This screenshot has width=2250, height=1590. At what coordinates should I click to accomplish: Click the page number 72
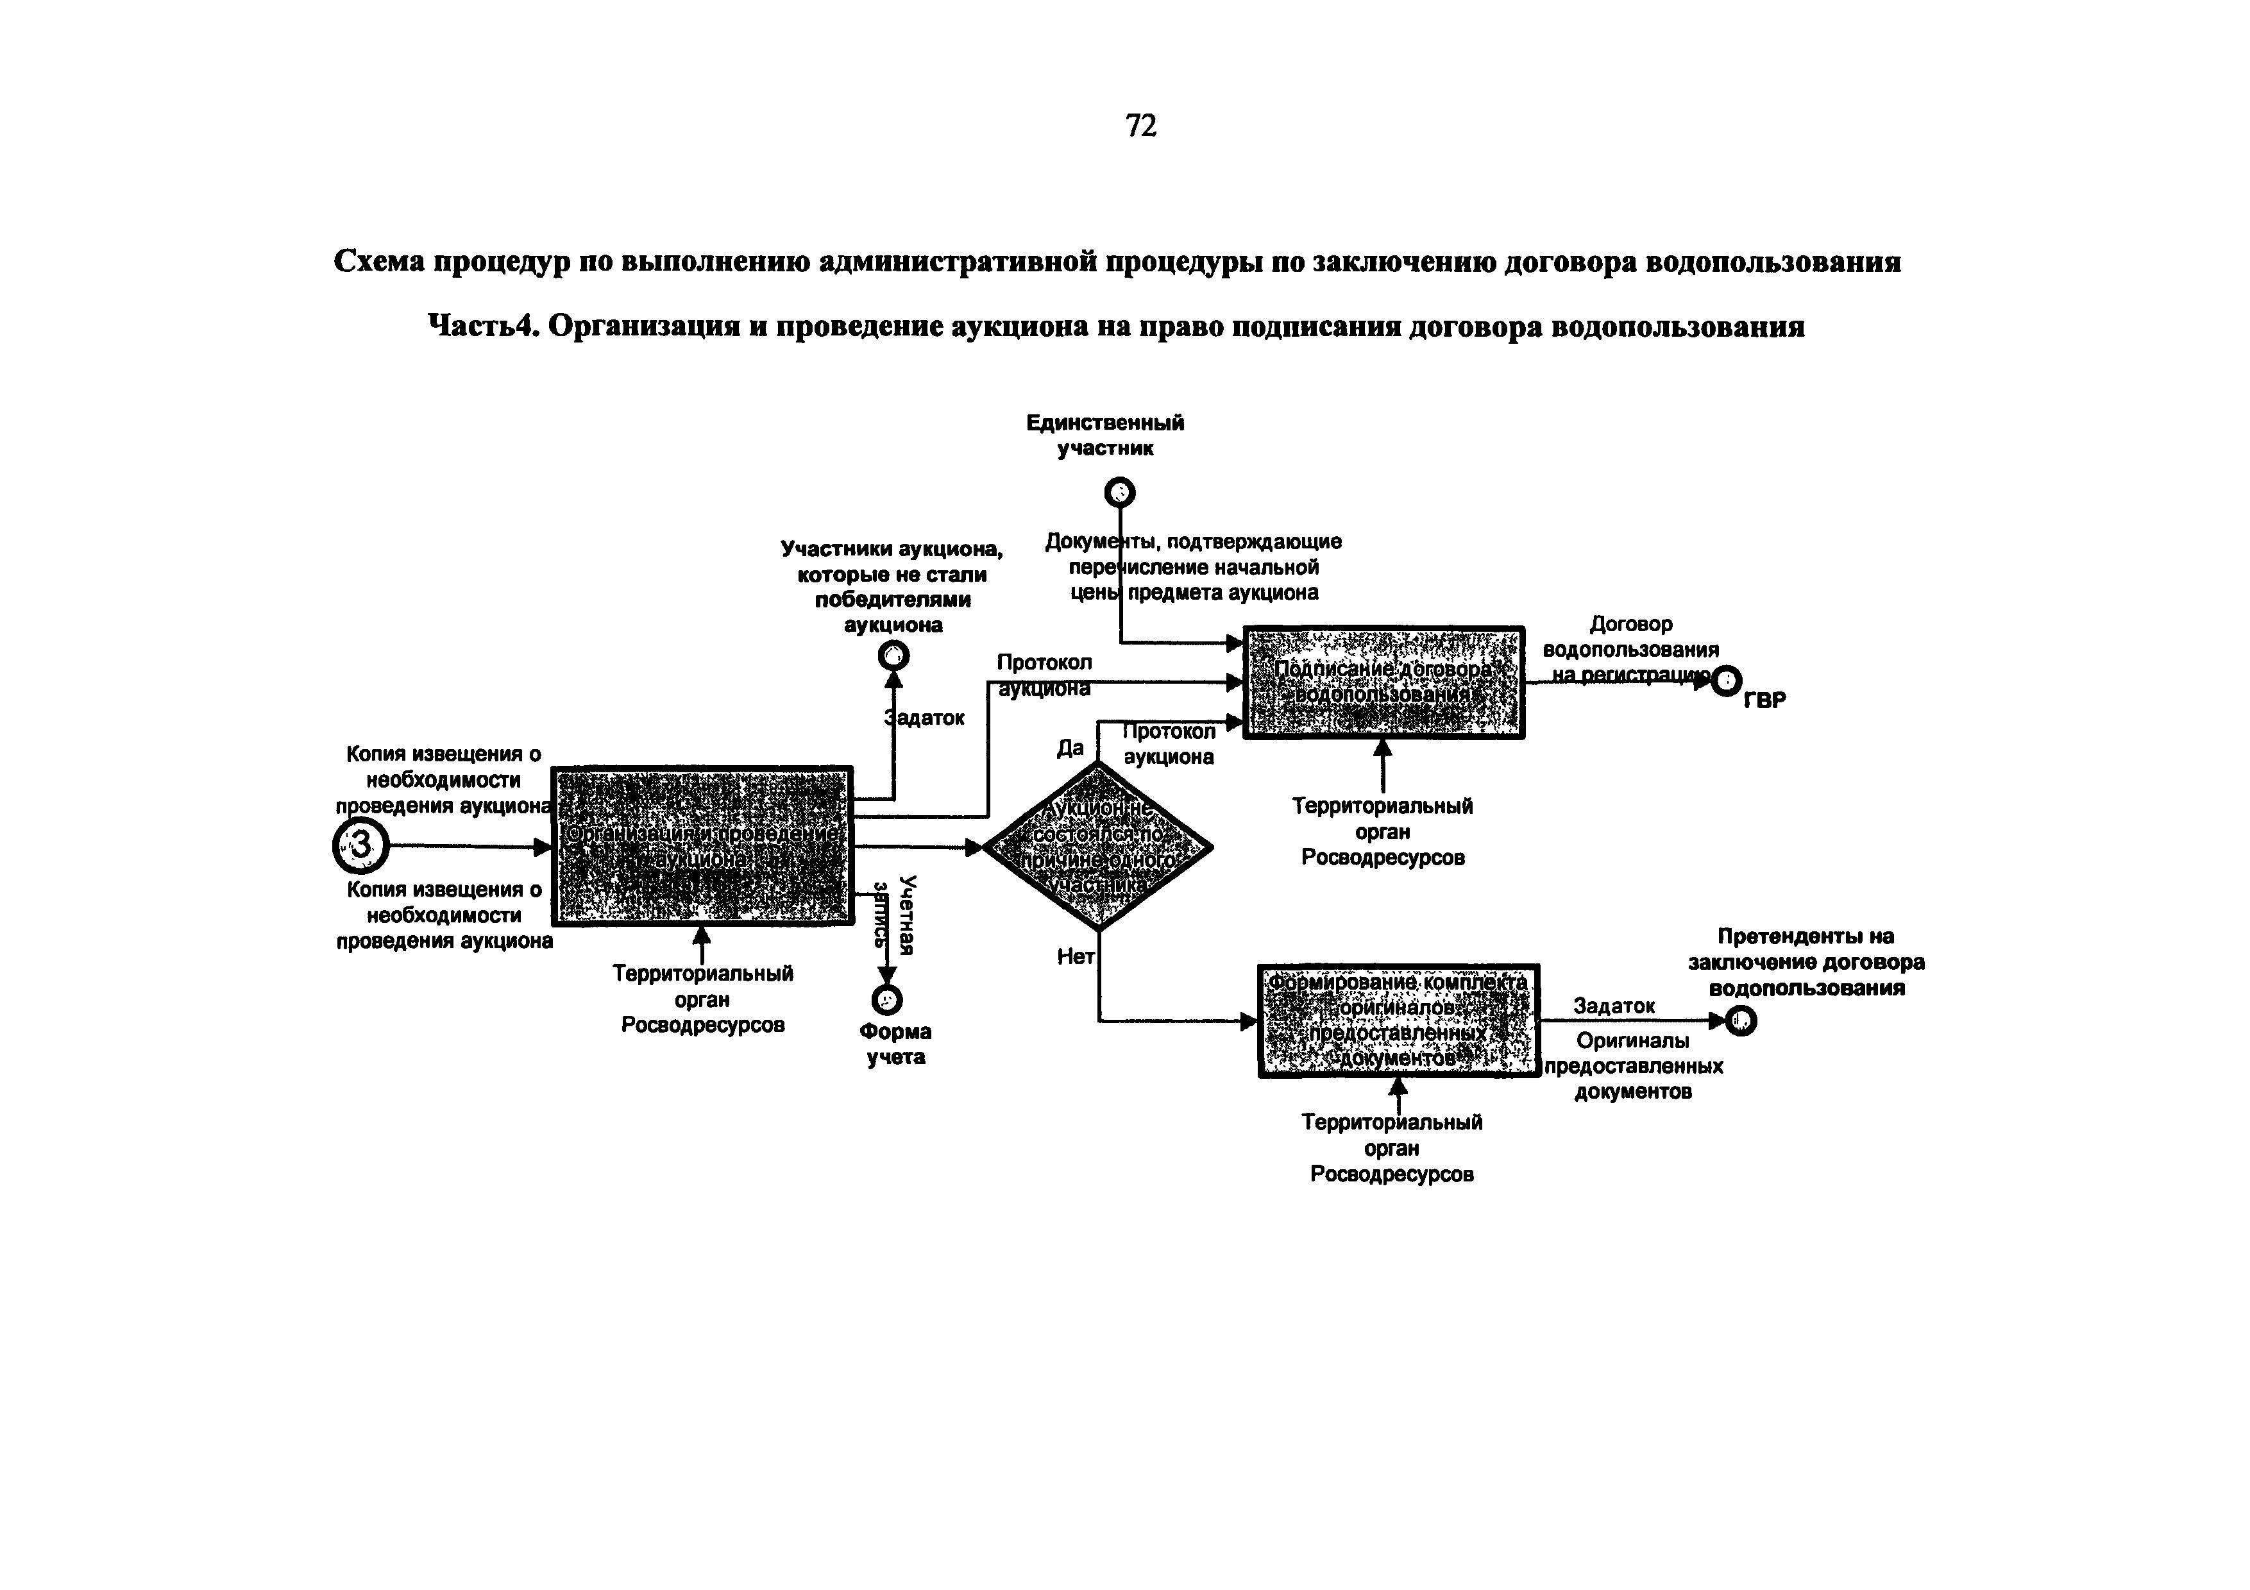point(1140,126)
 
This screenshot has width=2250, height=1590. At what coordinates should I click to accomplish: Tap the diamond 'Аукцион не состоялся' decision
point(1097,845)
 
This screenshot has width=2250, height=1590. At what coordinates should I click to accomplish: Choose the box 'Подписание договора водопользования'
point(1383,682)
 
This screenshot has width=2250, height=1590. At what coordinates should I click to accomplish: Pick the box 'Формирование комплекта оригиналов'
point(1398,1021)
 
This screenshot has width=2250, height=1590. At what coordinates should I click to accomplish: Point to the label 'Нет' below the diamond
point(1075,956)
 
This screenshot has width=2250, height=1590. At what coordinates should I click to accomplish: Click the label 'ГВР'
point(1764,700)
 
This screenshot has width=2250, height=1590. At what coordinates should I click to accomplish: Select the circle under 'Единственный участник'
point(1119,492)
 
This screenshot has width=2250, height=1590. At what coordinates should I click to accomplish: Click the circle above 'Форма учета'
point(887,999)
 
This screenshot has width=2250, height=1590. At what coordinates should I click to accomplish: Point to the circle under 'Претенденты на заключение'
point(1741,1021)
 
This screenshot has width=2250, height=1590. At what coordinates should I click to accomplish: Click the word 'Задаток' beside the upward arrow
point(926,718)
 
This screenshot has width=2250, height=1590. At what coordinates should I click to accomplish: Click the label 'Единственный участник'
point(1105,435)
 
